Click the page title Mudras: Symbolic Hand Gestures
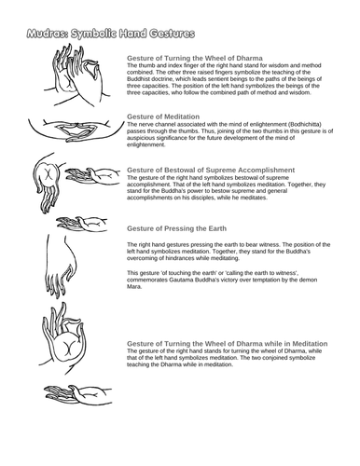pos(111,34)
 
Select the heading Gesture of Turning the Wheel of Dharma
pos(195,58)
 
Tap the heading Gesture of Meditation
pos(163,116)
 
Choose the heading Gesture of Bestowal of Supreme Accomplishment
pos(211,170)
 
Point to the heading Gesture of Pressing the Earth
pos(176,228)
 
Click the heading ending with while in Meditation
pos(228,344)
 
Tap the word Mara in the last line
pos(134,287)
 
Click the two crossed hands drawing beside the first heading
pos(77,75)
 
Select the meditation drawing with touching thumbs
pos(71,130)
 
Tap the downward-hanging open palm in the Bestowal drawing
pos(48,183)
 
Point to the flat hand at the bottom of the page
pos(77,394)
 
